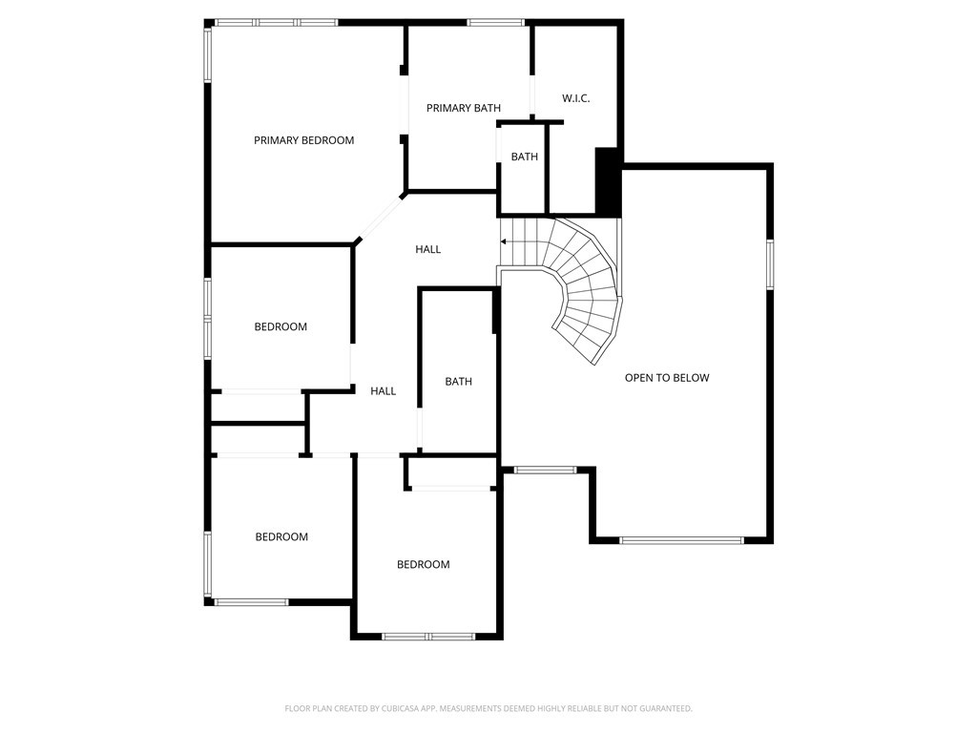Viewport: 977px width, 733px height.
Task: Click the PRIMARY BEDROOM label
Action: (x=303, y=140)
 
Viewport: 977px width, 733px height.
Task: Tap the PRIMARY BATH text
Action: (x=463, y=108)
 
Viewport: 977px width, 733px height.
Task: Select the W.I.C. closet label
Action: (x=575, y=98)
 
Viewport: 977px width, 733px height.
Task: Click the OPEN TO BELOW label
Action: (x=667, y=378)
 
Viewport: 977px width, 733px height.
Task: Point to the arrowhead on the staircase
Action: (x=503, y=242)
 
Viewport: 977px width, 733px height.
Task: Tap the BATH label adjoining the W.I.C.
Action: (x=524, y=157)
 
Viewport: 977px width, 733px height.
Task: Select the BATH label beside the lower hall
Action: (x=458, y=382)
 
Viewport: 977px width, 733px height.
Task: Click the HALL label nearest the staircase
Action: (x=427, y=249)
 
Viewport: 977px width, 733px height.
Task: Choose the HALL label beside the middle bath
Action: (x=383, y=390)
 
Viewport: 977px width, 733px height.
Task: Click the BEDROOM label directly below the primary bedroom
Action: (x=281, y=326)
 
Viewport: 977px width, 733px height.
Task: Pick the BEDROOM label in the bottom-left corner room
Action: (x=281, y=536)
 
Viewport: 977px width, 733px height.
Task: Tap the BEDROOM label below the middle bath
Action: (x=423, y=564)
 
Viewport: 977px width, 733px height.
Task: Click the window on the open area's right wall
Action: (x=769, y=263)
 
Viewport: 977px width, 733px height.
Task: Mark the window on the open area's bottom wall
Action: (x=680, y=540)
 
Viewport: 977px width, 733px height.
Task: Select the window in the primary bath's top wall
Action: (x=495, y=22)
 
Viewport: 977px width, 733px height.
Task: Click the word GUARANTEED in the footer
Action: (x=663, y=708)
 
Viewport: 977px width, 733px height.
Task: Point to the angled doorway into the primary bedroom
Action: (x=380, y=218)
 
